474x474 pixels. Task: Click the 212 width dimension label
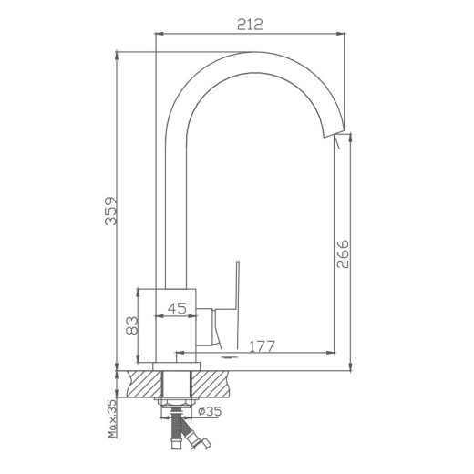(x=249, y=25)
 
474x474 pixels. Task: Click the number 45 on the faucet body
(x=178, y=308)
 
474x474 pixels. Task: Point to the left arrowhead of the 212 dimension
(x=157, y=33)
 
